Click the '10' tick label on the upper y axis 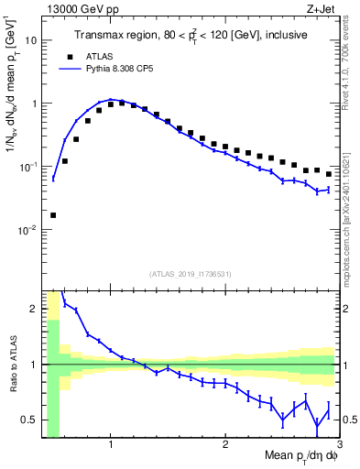(x=31, y=41)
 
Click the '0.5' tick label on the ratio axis (x=30, y=420)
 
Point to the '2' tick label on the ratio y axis (x=35, y=309)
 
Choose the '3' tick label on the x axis (x=339, y=445)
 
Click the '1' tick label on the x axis (x=111, y=445)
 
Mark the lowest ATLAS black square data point (x=53, y=215)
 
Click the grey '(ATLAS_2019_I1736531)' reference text (x=191, y=274)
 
